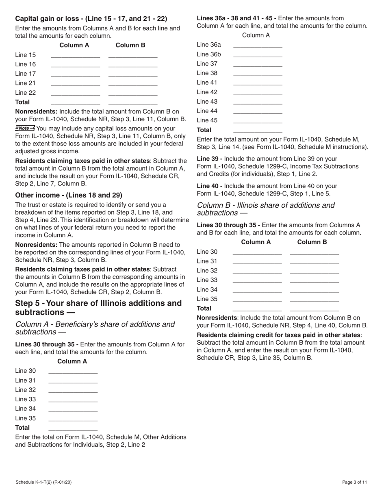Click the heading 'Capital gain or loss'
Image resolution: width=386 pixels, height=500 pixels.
(x=91, y=19)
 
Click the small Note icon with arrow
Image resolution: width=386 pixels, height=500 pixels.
(x=25, y=128)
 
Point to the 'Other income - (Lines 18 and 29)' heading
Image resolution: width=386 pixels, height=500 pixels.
(x=68, y=195)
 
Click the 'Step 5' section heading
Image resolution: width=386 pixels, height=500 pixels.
(x=98, y=308)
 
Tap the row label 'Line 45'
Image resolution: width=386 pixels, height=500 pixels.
(x=207, y=120)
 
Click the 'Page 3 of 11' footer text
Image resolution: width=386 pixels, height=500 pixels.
(x=355, y=483)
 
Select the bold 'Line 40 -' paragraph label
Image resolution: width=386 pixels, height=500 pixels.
(x=210, y=186)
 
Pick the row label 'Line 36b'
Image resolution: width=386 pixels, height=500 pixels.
(x=209, y=54)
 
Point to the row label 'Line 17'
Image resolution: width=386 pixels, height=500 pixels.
(x=26, y=74)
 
